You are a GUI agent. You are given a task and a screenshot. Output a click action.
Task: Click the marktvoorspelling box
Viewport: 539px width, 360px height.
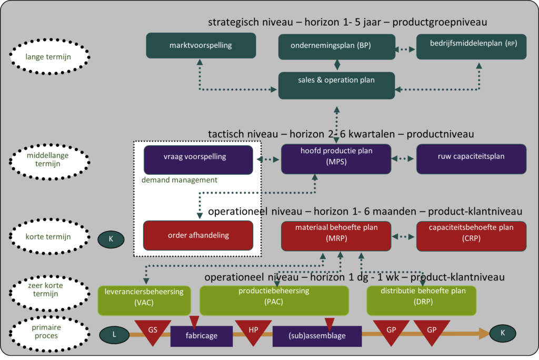[201, 46]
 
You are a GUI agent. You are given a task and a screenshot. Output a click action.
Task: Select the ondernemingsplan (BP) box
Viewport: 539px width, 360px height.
[336, 46]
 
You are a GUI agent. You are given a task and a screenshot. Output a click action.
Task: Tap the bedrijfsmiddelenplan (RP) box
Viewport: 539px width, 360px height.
[471, 46]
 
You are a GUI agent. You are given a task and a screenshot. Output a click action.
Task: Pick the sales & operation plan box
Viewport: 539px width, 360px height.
[336, 85]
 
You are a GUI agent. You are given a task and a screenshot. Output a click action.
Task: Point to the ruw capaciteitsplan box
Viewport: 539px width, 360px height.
[471, 158]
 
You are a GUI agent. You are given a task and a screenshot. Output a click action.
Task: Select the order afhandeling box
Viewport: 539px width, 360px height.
[198, 235]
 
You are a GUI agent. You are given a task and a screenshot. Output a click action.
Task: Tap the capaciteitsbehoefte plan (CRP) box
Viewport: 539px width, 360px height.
[471, 235]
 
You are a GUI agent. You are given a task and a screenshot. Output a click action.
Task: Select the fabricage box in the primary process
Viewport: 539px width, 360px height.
[202, 336]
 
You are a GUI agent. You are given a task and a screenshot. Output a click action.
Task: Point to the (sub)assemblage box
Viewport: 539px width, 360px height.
[317, 336]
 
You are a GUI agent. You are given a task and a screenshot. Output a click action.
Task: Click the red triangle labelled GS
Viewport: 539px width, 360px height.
[153, 331]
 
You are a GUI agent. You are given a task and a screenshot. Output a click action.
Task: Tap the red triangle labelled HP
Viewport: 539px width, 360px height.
[253, 331]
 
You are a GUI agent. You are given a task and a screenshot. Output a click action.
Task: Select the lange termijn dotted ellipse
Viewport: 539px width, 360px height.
[50, 56]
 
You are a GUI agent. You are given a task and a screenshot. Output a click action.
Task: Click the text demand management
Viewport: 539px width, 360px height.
[179, 180]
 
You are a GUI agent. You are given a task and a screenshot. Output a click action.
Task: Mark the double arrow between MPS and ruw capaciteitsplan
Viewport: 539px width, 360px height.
[403, 158]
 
